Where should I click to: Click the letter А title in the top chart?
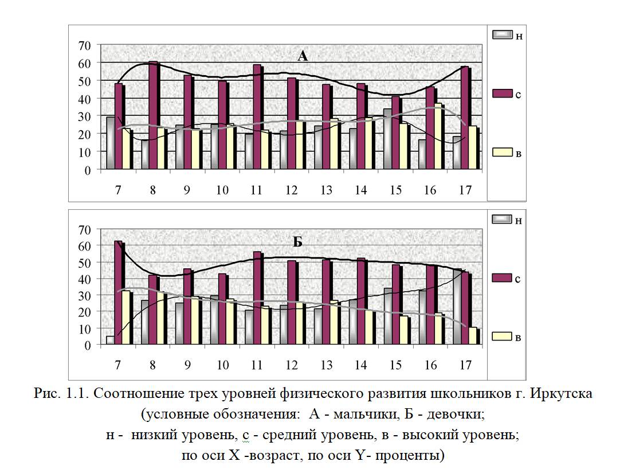click(303, 56)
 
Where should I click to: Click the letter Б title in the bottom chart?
click(297, 242)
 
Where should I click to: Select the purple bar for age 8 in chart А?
click(153, 115)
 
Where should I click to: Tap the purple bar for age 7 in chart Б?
click(119, 292)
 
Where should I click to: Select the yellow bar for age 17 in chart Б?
click(472, 336)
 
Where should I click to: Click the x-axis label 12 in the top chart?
click(291, 190)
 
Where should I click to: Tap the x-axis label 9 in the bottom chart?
click(187, 365)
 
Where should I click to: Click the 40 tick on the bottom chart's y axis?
click(85, 279)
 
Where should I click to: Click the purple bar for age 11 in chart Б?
click(257, 298)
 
